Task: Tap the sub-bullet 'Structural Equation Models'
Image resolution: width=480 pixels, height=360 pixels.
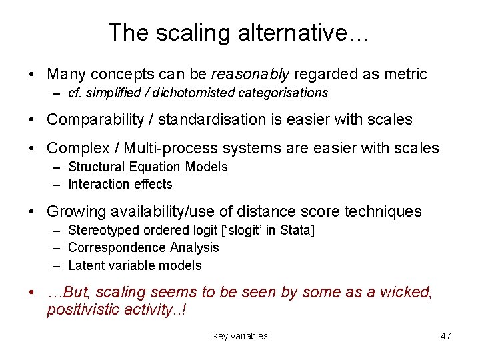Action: pos(147,167)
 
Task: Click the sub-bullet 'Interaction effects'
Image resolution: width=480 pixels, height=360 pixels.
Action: pos(120,184)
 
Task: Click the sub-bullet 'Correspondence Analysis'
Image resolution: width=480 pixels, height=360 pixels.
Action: pos(143,247)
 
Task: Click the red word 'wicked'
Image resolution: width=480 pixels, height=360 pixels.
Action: pos(407,293)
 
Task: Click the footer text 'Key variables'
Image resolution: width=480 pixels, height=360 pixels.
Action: pos(239,336)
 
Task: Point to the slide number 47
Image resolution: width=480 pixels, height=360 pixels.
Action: pos(445,336)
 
